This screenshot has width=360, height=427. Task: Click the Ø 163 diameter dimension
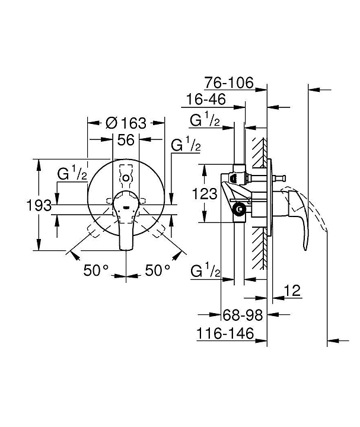[x=126, y=123]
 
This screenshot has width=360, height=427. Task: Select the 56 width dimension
[x=126, y=140]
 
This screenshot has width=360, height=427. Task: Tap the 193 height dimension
[x=39, y=205]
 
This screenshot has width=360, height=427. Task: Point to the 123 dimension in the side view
[x=205, y=194]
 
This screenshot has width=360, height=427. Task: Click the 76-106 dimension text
[x=229, y=82]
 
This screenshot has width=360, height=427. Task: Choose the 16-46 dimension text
[x=206, y=99]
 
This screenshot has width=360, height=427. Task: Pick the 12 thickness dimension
[x=292, y=291]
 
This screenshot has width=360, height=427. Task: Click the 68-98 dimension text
[x=243, y=316]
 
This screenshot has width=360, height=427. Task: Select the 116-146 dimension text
[x=225, y=333]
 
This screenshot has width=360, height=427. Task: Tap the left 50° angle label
[x=96, y=270]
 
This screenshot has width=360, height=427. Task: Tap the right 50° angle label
[x=158, y=270]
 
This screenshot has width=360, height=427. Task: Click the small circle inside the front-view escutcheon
[x=126, y=179]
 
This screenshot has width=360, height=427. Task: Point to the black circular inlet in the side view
[x=240, y=209]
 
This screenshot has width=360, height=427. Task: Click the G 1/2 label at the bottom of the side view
[x=206, y=270]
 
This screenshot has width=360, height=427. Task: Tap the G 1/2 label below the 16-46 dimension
[x=205, y=120]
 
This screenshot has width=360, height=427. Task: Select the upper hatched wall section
[x=259, y=152]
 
